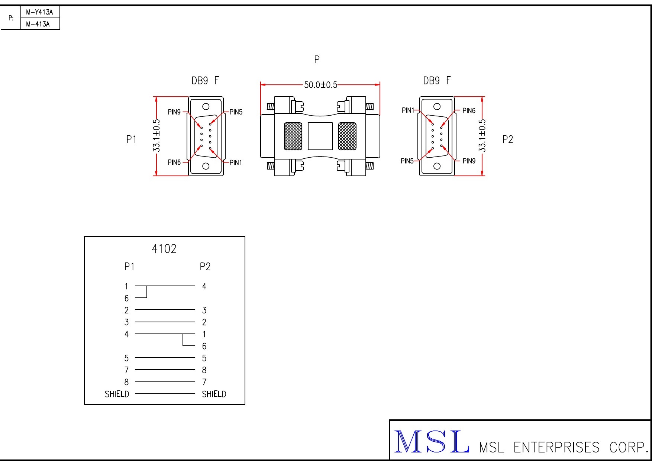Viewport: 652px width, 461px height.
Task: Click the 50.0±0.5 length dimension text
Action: (320, 85)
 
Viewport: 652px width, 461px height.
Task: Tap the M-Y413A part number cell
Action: (39, 12)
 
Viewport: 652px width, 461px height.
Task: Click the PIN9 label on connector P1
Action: (174, 112)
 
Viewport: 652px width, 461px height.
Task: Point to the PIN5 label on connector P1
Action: (236, 112)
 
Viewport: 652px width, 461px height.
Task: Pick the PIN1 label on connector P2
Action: (408, 110)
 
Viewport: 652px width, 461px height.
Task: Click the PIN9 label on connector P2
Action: (469, 161)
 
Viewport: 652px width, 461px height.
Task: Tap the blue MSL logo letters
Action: (432, 442)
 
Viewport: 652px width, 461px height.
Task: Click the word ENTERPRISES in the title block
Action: (556, 447)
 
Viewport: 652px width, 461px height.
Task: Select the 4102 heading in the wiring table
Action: (164, 249)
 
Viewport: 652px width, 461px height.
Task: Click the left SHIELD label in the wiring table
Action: (117, 394)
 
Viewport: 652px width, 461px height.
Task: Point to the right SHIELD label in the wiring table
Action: (214, 394)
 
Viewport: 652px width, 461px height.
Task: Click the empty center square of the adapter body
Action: (320, 136)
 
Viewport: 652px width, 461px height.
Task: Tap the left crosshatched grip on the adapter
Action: (293, 136)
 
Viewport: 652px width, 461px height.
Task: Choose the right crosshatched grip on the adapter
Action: (347, 136)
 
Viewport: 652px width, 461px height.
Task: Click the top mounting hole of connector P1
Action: (206, 107)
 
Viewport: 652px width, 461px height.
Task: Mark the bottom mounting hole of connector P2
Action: (437, 166)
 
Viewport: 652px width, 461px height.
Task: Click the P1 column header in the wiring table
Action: (129, 267)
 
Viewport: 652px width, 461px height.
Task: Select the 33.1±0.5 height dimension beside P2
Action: (482, 136)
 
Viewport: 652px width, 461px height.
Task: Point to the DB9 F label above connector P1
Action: (205, 81)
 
